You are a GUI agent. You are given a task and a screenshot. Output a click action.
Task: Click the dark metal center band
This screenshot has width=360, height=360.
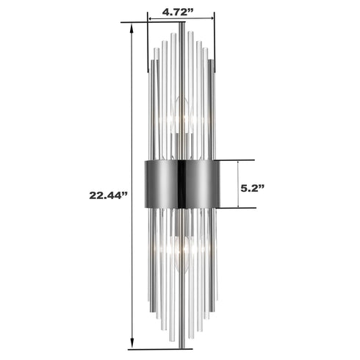181,183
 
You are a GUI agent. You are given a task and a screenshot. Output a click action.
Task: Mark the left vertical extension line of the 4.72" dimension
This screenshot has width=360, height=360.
148,44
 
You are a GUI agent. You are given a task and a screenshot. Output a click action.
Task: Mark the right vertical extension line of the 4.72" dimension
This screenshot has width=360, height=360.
215,44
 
